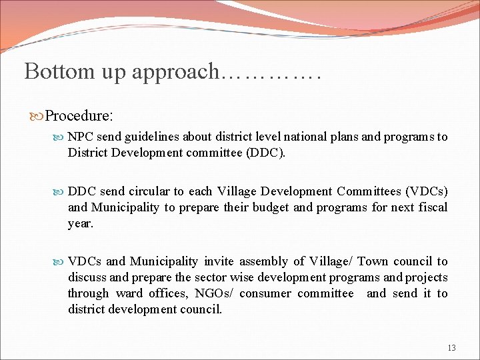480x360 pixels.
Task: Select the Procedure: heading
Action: [79, 116]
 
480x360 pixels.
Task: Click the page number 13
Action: [451, 347]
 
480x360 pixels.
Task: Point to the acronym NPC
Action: [80, 137]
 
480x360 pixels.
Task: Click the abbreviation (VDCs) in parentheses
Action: [425, 191]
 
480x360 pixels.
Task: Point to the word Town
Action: [373, 261]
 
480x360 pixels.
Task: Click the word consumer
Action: [265, 293]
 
